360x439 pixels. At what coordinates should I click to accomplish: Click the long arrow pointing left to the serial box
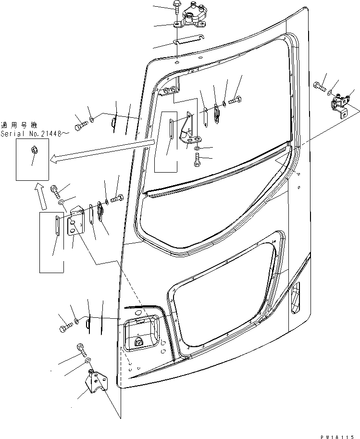[101, 151]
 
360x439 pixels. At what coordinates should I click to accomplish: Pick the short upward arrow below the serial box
[40, 195]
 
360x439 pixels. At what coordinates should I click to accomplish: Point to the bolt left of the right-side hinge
[319, 88]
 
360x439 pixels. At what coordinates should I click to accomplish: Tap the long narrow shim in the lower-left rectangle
[57, 226]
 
